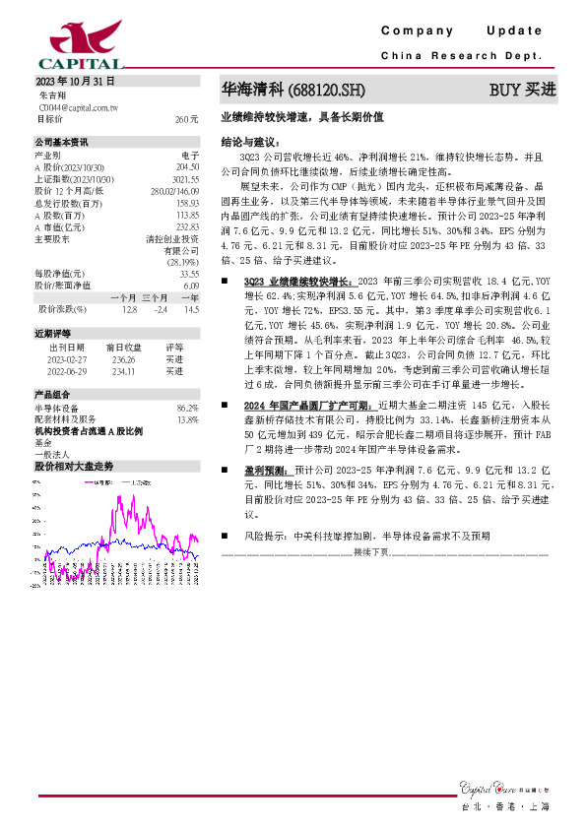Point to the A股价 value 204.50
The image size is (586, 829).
186,167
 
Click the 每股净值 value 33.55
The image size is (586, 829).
188,274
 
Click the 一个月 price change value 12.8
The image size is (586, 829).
128,309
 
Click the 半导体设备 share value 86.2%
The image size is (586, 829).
186,408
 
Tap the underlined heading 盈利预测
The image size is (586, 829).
267,472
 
